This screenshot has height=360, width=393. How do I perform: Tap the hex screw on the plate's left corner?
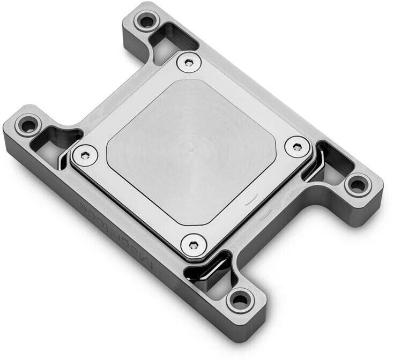[x=83, y=155]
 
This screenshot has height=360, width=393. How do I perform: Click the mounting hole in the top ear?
[x=145, y=22]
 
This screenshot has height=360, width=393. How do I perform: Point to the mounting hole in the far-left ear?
[x=25, y=126]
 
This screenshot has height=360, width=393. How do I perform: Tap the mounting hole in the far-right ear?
[x=357, y=186]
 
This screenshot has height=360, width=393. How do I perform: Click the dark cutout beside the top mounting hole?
[x=173, y=39]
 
